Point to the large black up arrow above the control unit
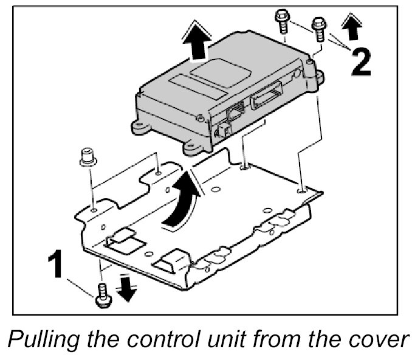pyautogui.click(x=197, y=41)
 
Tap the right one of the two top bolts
pyautogui.click(x=318, y=28)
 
